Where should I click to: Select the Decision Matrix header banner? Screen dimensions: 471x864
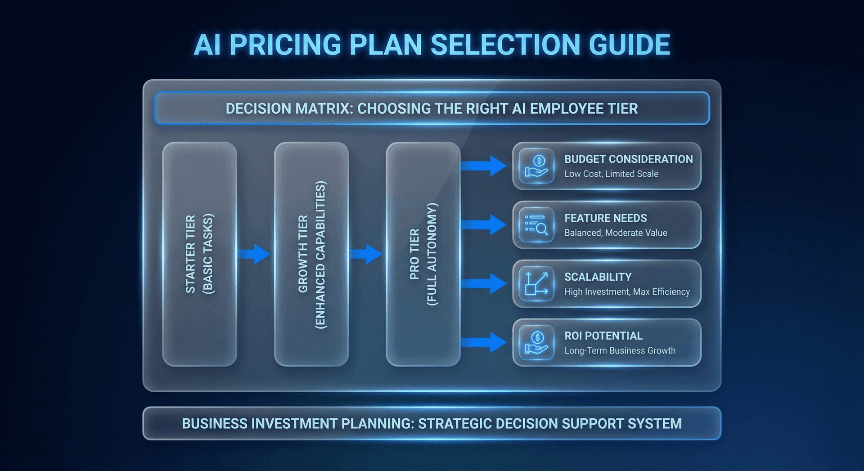pos(432,108)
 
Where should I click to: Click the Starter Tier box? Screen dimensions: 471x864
pos(199,254)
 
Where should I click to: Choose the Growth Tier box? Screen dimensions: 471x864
pos(311,254)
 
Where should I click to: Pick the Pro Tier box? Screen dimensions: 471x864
pos(423,254)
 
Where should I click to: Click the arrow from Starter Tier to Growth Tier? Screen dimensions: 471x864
pos(254,254)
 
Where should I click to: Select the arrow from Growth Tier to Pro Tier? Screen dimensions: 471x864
pos(366,254)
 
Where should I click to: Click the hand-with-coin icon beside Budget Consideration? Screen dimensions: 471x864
pos(536,166)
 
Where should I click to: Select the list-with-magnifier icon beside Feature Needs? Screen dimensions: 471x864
pos(536,225)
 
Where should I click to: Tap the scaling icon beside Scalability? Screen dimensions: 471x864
pos(536,284)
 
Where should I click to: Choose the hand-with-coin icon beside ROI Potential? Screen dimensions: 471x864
pos(536,343)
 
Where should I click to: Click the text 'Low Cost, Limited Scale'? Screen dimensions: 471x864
pos(611,174)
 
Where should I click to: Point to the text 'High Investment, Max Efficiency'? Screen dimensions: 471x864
pos(627,292)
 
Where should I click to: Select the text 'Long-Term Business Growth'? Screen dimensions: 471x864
pos(620,351)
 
